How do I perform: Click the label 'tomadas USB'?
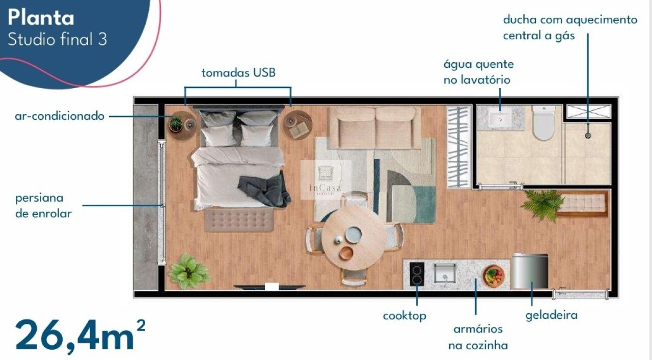(238, 73)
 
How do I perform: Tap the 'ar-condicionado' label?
(60, 116)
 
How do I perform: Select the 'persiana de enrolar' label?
(43, 206)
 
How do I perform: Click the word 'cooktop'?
(404, 316)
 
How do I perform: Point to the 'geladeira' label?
(551, 315)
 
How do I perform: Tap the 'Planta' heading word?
(41, 18)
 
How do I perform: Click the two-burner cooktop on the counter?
(417, 274)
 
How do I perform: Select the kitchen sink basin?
(445, 273)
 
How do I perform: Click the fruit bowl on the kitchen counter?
(494, 276)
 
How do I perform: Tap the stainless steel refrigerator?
(530, 271)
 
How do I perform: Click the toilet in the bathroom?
(544, 123)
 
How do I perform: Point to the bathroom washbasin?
(500, 118)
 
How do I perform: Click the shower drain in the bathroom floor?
(588, 135)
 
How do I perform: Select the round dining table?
(355, 238)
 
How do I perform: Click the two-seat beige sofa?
(375, 127)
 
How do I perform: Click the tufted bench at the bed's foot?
(239, 220)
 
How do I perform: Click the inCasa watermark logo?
(325, 180)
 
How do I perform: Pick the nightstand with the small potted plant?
(182, 125)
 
